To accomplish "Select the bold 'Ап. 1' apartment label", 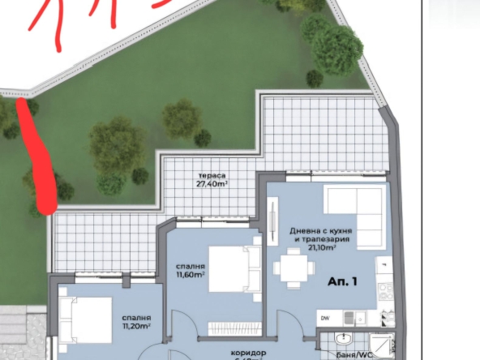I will click(343, 283).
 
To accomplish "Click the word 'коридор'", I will click(247, 354).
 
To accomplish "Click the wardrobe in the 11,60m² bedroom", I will click(231, 328).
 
